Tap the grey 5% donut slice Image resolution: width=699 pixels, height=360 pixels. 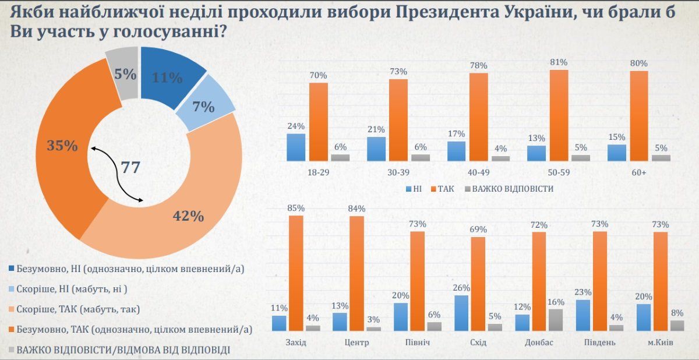coord(124,72)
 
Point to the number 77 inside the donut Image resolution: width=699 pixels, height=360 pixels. coord(130,168)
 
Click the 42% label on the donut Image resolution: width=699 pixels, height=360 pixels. coord(189,216)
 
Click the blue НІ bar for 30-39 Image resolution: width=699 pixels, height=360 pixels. coord(376,149)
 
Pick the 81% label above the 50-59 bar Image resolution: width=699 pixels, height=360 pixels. coord(558,62)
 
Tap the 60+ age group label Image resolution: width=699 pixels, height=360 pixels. coord(638,174)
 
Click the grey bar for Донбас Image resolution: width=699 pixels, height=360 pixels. coord(556,320)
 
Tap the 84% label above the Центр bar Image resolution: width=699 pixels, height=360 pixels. coord(356,209)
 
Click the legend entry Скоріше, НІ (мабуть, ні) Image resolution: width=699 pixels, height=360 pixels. coord(70,289)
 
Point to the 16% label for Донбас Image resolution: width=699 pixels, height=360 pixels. coord(556,302)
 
